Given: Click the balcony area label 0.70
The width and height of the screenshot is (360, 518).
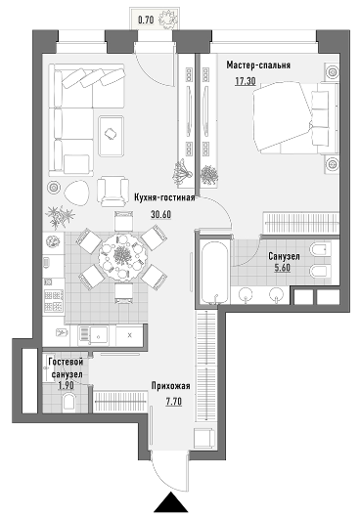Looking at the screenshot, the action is [146, 21].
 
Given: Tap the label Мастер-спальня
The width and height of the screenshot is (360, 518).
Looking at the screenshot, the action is [258, 65].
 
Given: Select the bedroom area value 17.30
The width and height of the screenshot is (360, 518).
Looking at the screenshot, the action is [246, 81].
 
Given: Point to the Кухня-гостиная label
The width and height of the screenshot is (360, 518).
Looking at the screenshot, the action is [164, 197].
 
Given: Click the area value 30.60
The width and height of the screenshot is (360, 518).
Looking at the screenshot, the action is [161, 214].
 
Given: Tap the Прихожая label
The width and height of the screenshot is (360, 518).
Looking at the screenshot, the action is [171, 385].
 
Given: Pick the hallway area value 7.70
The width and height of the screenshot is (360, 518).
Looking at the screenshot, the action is [174, 402].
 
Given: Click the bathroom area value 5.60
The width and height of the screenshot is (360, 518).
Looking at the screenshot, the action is [283, 268].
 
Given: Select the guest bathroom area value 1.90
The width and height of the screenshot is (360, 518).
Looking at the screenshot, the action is [66, 385].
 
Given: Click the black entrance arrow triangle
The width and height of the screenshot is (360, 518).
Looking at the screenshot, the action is [171, 501].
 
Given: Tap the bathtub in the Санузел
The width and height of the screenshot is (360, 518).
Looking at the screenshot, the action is [214, 273].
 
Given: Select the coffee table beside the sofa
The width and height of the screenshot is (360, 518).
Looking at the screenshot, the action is [112, 136].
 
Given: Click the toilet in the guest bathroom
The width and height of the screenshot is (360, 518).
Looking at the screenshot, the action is [69, 401].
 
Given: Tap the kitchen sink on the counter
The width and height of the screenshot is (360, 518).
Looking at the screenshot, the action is [93, 335].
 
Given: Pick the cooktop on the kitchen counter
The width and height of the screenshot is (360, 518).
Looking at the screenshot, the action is [54, 301].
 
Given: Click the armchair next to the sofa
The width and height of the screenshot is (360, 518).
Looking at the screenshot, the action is [112, 192].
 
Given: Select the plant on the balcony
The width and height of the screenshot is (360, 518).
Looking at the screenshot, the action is [168, 20].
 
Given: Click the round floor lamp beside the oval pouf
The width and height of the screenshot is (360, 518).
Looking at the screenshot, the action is [53, 188].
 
